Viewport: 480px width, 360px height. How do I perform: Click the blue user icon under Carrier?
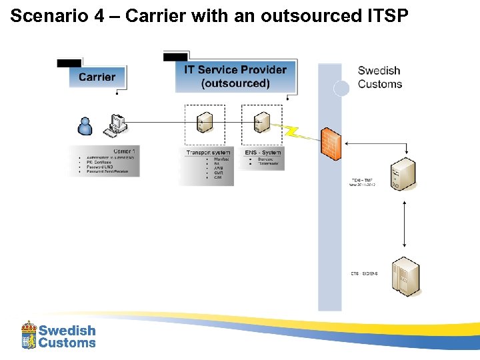coord(85,125)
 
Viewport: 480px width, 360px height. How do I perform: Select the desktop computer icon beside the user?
coord(117,125)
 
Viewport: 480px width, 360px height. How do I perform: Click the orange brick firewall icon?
coord(331,141)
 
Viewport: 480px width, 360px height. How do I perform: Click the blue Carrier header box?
coord(97,77)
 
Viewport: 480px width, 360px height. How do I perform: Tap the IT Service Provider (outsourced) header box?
coord(235,77)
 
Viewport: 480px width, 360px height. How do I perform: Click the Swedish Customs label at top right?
coord(379,77)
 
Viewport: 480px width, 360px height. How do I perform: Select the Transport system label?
coord(208,153)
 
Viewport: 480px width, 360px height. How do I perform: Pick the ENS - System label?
coord(263,153)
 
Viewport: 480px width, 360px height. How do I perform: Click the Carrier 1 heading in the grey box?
coord(123,151)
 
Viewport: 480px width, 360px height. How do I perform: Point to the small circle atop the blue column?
coord(341,89)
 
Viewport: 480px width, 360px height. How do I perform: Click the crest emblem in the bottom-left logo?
coord(29,335)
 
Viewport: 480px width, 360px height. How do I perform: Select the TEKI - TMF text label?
coord(363,180)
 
